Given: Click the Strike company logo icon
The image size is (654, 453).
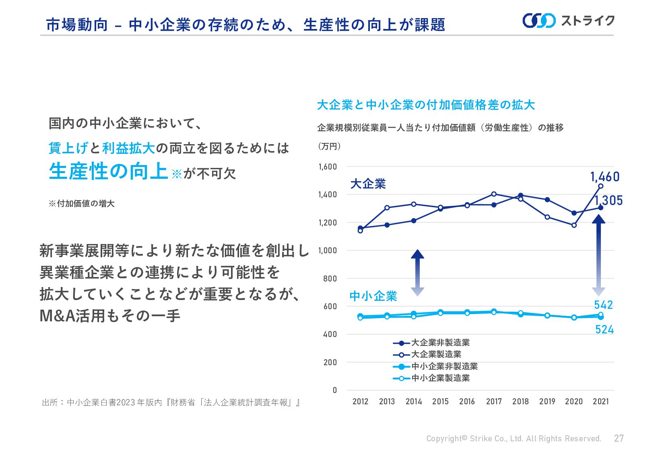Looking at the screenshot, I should point(539,21).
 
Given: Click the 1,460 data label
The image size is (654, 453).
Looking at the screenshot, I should point(604,177).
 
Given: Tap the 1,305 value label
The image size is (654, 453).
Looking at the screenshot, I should point(608,200).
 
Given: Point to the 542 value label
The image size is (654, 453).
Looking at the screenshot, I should point(603,305).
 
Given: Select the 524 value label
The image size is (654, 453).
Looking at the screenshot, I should point(604,329).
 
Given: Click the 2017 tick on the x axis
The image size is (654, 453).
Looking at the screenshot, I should point(493,401).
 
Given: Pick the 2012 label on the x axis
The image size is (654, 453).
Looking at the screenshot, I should point(360,401).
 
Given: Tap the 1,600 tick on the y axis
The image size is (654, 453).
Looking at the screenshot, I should point(328,167).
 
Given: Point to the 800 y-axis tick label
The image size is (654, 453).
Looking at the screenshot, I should point(330,278).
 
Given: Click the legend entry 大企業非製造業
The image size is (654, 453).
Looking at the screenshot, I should point(440,343).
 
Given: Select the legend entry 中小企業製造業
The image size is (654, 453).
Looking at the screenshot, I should point(440,378).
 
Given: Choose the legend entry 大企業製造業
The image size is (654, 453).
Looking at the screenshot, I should point(436,354).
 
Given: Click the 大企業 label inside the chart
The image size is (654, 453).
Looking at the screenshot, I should point(368,184).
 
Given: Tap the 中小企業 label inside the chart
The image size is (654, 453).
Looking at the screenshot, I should point(373,296).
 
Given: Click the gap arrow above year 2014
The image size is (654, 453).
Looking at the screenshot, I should point(417,273).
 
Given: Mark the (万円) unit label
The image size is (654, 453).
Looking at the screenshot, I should point(329,146).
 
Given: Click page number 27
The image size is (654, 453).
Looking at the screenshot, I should point(619,438).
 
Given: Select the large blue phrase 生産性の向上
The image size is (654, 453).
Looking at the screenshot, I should point(108,171).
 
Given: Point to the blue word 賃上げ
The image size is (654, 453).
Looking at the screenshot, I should point(68,148).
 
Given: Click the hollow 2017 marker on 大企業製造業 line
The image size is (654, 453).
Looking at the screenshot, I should point(494,194).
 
